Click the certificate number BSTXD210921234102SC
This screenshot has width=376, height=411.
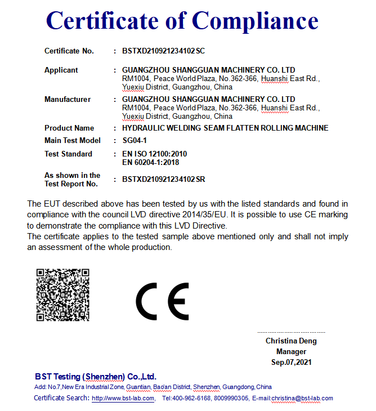click(163, 51)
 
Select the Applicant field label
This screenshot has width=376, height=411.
click(61, 70)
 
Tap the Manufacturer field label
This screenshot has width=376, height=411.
click(68, 100)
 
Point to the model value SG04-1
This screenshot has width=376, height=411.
click(135, 140)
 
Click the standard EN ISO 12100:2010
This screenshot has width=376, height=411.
click(154, 154)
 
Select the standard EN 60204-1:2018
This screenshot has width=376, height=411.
click(150, 163)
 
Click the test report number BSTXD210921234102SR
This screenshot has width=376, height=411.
click(163, 180)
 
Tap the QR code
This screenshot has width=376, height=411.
click(63, 295)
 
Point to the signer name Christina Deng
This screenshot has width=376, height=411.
click(291, 341)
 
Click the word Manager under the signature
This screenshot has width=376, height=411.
click(291, 351)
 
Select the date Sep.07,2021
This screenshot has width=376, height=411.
click(291, 362)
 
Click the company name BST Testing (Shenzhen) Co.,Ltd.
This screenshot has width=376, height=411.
click(96, 376)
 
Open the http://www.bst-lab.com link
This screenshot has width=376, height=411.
click(123, 398)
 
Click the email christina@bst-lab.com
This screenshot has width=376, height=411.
click(302, 398)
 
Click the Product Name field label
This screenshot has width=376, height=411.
click(69, 128)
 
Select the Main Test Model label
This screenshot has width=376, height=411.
click(73, 140)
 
